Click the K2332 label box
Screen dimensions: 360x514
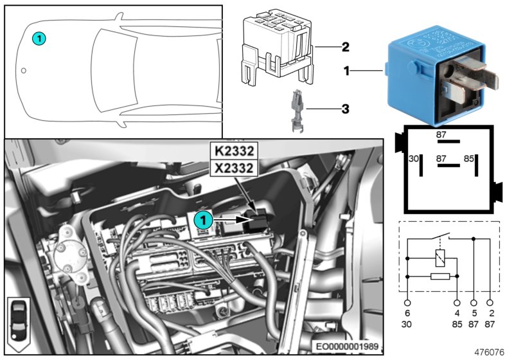[x=233, y=152]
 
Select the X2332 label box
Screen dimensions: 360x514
[x=233, y=168]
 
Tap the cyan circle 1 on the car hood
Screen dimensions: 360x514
[x=39, y=39]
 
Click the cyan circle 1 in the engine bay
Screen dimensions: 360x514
[x=203, y=220]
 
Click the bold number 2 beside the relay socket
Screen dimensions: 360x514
[x=345, y=47]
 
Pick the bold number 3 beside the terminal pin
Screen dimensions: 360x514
[x=345, y=109]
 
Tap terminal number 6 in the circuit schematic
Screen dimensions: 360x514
[x=407, y=312]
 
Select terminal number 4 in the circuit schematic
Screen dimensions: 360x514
[x=457, y=312]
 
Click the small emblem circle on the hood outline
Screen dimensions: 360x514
[x=24, y=71]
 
